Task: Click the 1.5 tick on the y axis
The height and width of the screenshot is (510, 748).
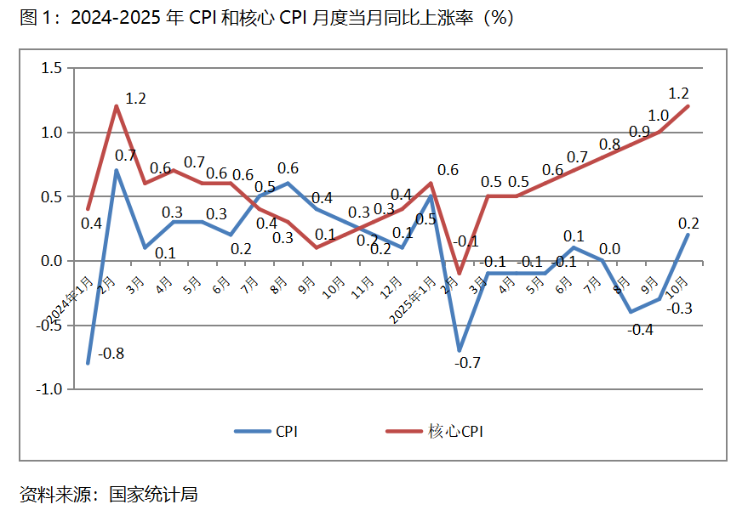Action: [52, 68]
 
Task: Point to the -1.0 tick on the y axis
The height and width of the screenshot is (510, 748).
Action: [49, 389]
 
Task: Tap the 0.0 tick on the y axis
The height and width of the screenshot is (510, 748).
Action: [52, 261]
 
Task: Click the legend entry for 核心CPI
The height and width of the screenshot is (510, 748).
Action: [454, 432]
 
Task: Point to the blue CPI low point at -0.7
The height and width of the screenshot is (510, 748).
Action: [460, 350]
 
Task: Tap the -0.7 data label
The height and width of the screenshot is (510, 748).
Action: [467, 363]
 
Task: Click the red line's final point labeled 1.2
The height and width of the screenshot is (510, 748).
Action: [688, 106]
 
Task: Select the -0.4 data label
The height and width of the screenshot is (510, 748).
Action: [640, 330]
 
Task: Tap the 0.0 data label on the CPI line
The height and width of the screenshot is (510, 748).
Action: [610, 249]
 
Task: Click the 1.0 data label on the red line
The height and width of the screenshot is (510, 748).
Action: [658, 116]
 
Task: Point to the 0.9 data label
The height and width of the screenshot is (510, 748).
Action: [639, 131]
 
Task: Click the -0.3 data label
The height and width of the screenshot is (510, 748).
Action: [678, 309]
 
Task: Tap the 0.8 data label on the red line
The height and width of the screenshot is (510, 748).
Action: [609, 144]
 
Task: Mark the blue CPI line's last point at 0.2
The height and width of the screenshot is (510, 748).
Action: [688, 235]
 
